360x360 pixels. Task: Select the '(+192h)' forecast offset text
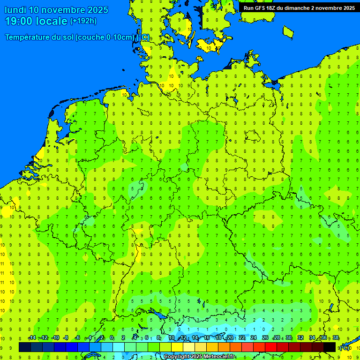coord(83,21)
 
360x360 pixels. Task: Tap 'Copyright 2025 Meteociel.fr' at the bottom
coord(199,357)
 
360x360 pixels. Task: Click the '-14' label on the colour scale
coord(32,338)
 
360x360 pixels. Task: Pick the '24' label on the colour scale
coord(254,338)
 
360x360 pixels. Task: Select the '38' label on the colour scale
coord(336,338)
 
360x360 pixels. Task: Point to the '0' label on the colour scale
coord(112,338)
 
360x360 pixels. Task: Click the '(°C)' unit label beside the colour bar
coord(344,348)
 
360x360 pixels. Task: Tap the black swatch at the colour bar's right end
coord(330,347)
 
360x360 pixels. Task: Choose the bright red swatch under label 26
coord(271,347)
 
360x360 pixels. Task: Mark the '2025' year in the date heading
coord(97,10)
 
